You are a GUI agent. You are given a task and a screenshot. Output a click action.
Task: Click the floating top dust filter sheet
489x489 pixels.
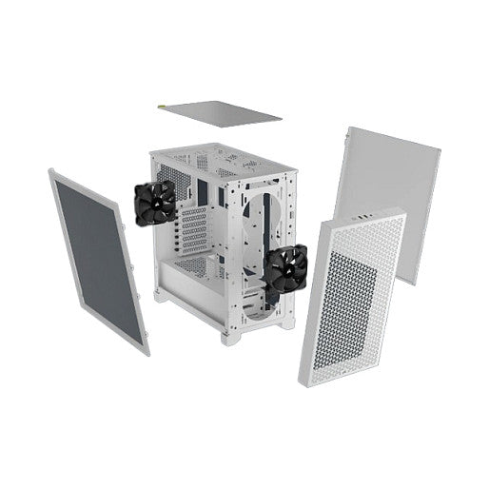(x=216, y=112)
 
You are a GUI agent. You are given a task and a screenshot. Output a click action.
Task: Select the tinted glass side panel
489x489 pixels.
(x=98, y=257)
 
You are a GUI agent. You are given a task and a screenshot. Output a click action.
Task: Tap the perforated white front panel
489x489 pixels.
(x=352, y=295)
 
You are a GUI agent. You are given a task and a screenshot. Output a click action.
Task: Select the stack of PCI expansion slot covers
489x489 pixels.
(x=193, y=228)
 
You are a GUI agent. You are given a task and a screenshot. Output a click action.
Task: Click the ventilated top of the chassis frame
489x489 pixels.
(x=221, y=159)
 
